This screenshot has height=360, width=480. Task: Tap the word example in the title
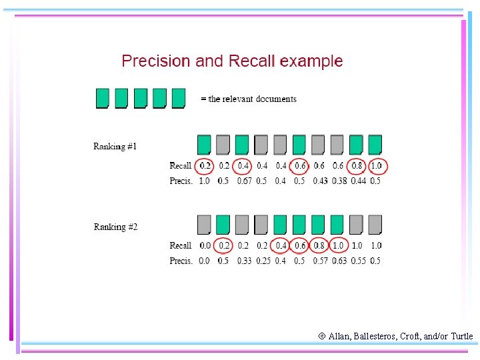[311, 62]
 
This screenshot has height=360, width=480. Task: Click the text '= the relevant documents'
[249, 99]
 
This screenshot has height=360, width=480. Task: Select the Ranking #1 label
[115, 147]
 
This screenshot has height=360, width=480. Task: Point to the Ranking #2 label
[115, 227]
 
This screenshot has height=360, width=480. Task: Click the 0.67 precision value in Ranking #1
[244, 181]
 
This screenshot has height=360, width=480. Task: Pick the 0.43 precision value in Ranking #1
[320, 181]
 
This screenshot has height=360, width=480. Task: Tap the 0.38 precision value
[339, 181]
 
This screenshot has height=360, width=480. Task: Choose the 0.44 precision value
[357, 181]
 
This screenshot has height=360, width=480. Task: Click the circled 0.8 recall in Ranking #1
[357, 165]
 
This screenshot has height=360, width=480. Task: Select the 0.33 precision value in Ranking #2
[244, 261]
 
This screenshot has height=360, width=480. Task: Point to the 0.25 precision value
[263, 261]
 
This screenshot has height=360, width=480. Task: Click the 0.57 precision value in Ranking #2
[320, 261]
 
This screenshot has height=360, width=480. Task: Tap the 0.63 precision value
[339, 261]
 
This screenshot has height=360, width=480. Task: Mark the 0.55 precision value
[357, 261]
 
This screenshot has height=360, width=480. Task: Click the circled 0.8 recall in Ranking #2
[319, 245]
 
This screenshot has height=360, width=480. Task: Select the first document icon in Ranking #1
[204, 145]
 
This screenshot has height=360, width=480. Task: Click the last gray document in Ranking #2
[375, 225]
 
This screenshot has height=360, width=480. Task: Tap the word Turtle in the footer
[461, 336]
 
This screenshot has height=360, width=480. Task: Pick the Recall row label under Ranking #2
[181, 245]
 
